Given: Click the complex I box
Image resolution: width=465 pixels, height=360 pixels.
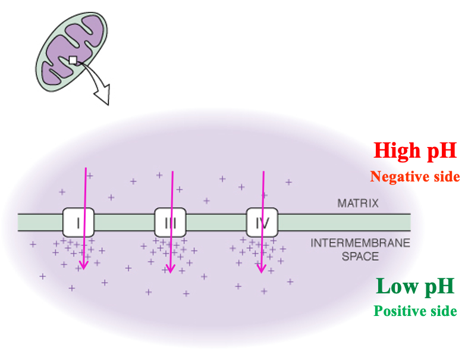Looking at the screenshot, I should click(x=78, y=223).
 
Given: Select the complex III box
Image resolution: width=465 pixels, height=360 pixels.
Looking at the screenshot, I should click(x=170, y=223).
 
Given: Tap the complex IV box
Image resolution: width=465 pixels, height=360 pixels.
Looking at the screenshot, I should click(x=262, y=223).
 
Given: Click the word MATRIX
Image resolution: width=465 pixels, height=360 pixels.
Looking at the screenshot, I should click(x=357, y=204).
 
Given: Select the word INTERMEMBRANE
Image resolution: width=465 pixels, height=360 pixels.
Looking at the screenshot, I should click(x=361, y=243).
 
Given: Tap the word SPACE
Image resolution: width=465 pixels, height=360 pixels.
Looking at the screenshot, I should click(x=361, y=256).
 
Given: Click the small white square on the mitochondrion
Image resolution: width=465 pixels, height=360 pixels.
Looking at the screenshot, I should click(x=73, y=60).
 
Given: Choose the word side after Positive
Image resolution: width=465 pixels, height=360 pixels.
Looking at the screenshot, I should click(x=444, y=311).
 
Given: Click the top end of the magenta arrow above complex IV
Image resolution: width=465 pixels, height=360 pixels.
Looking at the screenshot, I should click(x=263, y=172).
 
